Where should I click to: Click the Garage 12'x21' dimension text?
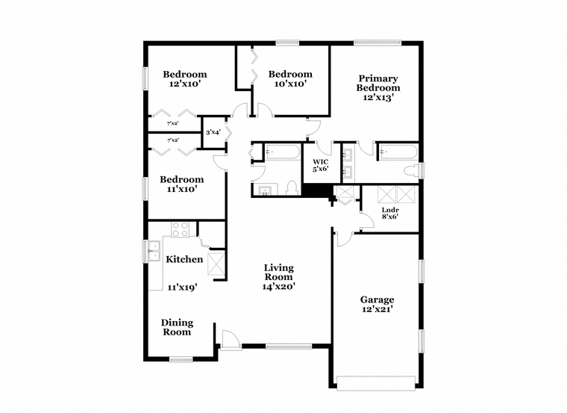[x=378, y=309]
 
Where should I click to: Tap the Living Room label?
[x=278, y=272]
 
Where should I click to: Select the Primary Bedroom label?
[x=378, y=83]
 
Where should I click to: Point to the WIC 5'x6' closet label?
[x=321, y=165]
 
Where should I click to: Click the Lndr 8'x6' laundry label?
[x=390, y=213]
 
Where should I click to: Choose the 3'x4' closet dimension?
[x=213, y=132]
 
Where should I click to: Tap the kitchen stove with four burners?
[x=180, y=229]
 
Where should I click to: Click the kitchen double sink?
[x=154, y=251]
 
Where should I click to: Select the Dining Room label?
[x=177, y=327]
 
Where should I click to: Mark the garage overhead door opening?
[x=376, y=383]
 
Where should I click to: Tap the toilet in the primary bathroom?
[x=411, y=171]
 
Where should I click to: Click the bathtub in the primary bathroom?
[x=398, y=152]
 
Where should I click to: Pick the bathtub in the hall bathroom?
[x=283, y=152]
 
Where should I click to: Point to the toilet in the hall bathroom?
[x=292, y=189]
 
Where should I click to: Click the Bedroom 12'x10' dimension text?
[x=185, y=84]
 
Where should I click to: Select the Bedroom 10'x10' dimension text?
[x=290, y=84]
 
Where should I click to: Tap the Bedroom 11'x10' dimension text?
[x=182, y=189]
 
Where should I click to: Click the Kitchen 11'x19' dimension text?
[x=182, y=288]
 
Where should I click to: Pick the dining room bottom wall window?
[x=181, y=359]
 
